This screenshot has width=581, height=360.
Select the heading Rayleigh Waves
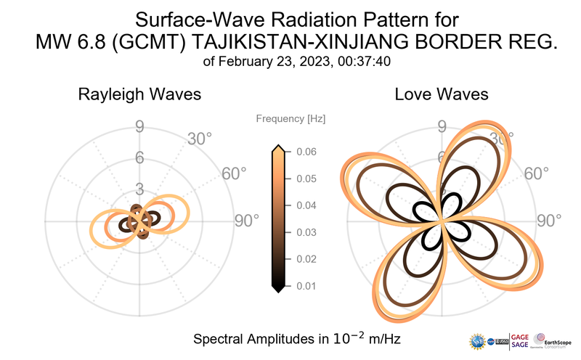(139, 94)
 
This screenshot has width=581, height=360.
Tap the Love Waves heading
(441, 94)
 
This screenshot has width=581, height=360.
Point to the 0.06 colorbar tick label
(305, 152)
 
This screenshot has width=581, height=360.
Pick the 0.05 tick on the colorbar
(305, 179)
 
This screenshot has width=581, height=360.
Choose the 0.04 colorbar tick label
(305, 205)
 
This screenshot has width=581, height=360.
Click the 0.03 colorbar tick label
(305, 232)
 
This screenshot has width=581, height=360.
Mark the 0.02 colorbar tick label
(305, 259)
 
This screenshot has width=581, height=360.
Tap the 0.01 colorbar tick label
(305, 286)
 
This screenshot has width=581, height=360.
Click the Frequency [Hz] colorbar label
(290, 118)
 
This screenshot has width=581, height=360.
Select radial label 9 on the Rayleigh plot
(139, 128)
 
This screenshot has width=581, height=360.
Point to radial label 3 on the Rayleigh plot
(139, 189)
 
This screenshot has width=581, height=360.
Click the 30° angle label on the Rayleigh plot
(199, 138)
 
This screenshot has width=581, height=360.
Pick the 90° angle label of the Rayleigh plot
(246, 221)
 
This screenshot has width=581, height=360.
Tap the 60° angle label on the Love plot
(537, 173)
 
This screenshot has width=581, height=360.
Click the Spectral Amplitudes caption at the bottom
(298, 339)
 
